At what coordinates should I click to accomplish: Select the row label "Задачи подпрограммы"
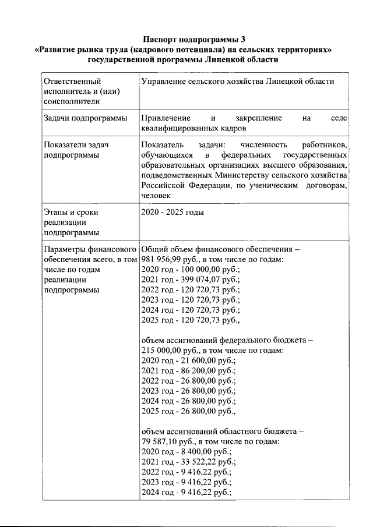(85, 118)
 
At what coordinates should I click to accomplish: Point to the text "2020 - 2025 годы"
(173, 213)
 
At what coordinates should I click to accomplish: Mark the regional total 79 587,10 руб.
(164, 441)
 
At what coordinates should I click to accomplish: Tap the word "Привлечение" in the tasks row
(167, 118)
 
